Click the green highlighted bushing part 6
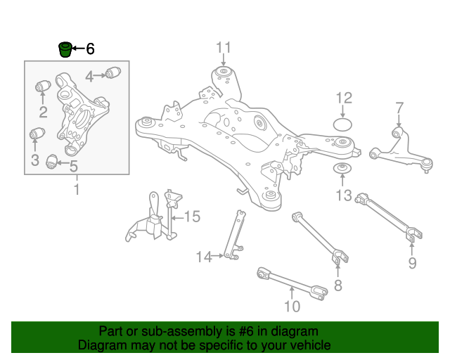(65, 49)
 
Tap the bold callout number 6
(90, 49)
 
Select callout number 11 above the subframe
(223, 48)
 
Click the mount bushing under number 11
(224, 73)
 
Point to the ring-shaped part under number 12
(342, 125)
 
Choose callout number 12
(343, 98)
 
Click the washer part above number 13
(342, 170)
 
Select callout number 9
(412, 263)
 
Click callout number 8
(337, 285)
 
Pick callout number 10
(292, 306)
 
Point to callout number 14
(203, 257)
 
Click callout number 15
(192, 217)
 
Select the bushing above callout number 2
(42, 87)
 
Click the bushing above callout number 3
(37, 134)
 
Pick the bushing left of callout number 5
(51, 162)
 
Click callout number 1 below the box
(77, 190)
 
